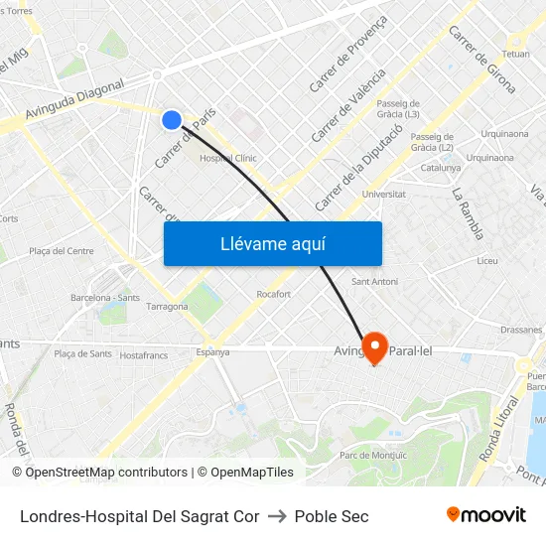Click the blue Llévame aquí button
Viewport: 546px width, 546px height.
coord(272,243)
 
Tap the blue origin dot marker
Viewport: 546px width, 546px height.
coord(172,120)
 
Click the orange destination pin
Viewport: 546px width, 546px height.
coord(374,346)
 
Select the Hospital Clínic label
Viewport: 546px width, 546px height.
coord(228,158)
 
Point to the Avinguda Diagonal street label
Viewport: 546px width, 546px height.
coord(74,100)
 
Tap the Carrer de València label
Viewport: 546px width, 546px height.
coord(348,104)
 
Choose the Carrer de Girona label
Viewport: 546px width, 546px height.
coord(481,60)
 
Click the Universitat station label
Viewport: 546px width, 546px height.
coord(385,194)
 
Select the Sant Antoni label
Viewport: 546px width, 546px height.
coord(375,282)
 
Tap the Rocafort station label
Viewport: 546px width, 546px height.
coord(273,294)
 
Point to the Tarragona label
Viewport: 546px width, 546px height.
coord(168,307)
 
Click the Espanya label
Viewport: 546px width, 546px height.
coord(212,351)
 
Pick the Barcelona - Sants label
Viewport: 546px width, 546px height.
coord(105,297)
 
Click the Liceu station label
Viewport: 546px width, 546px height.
coord(487,261)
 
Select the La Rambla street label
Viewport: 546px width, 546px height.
coord(468,213)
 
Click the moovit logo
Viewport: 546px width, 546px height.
coord(485,514)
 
